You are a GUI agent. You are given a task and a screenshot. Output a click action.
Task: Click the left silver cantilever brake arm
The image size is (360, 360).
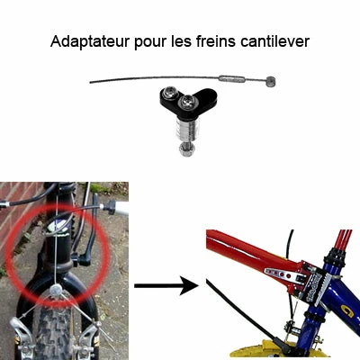tap(20, 328)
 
